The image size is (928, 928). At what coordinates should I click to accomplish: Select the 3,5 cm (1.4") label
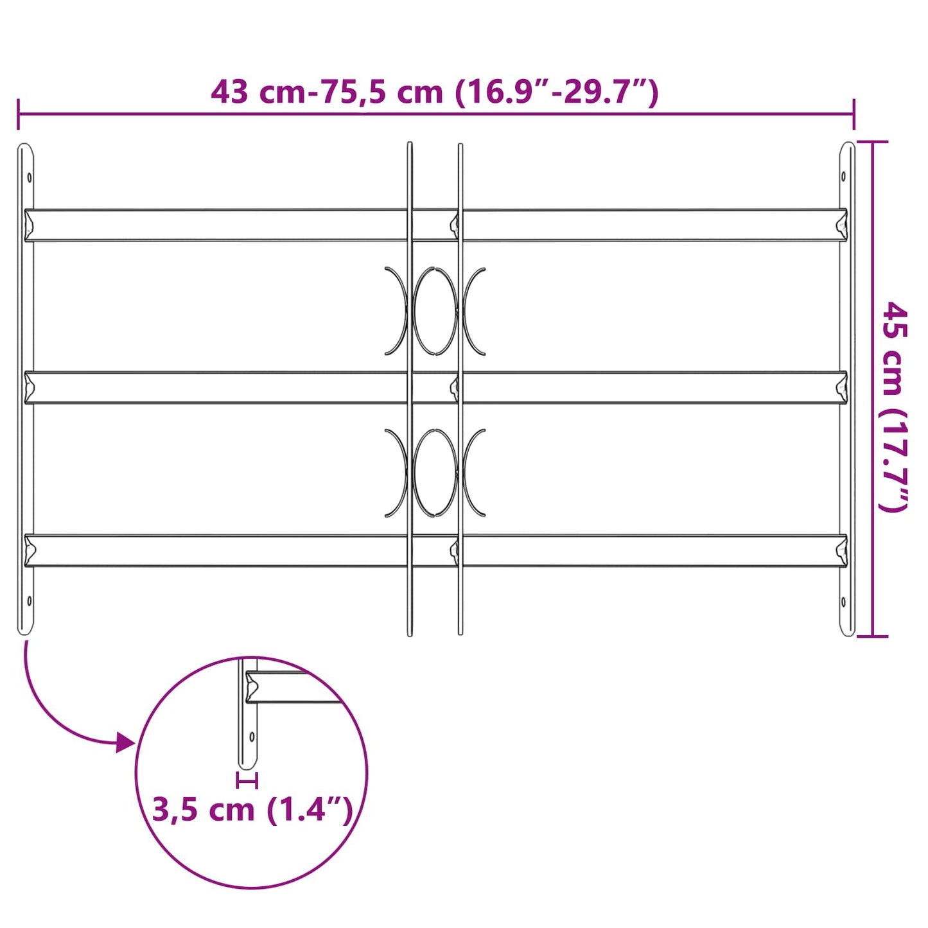(252, 809)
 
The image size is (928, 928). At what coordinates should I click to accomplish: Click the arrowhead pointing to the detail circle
(125, 743)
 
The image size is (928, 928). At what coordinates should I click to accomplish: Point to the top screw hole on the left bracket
(29, 177)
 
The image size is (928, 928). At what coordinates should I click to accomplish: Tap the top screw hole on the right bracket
(844, 177)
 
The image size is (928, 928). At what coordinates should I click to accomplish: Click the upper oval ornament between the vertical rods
(435, 311)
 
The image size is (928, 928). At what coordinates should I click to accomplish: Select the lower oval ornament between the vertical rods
(435, 473)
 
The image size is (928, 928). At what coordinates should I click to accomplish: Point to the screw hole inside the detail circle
(252, 737)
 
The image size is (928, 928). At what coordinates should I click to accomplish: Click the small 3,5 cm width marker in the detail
(247, 781)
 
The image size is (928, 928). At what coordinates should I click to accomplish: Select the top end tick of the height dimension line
(872, 142)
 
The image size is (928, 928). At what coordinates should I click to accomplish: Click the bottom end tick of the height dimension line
(872, 636)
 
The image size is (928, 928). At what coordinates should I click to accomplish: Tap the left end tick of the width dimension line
(19, 114)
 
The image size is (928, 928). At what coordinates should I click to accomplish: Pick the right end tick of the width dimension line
(854, 114)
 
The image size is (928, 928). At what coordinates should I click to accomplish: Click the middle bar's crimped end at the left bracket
(30, 387)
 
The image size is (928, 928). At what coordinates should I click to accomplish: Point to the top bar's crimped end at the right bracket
(841, 225)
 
